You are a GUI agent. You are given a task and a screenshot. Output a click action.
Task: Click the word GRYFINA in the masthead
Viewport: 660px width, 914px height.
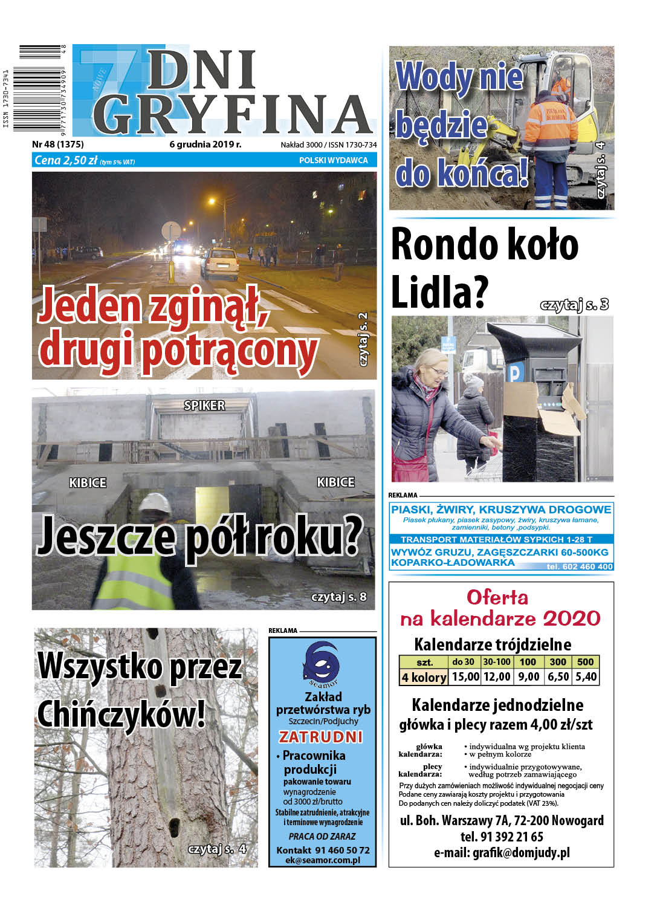point(233,114)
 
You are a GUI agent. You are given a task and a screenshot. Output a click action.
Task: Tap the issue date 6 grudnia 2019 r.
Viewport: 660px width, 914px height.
point(205,144)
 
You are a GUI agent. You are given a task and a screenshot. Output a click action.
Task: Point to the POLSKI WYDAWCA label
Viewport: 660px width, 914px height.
point(333,160)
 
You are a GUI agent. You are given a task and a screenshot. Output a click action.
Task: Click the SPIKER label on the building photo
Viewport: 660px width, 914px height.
point(204,406)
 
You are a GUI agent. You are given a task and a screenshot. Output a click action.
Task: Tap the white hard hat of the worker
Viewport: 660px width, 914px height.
point(154,502)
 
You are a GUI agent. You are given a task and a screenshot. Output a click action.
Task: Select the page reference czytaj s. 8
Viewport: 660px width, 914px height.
point(338,597)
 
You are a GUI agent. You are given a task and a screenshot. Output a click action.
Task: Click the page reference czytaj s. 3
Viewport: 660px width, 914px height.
point(574,305)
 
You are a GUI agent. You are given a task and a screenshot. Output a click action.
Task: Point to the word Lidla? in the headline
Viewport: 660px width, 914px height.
point(439,292)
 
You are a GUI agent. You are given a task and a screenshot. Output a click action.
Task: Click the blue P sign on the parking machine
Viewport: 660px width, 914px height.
point(514,373)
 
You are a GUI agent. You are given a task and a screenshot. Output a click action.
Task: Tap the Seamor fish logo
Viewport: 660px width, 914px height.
point(322,664)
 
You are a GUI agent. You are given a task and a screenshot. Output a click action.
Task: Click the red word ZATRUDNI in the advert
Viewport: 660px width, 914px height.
point(321,737)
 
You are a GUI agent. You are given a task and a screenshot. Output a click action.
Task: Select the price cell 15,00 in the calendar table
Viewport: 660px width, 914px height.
point(465,676)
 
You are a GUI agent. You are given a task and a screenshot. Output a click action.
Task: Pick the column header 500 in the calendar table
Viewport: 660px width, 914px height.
point(585,661)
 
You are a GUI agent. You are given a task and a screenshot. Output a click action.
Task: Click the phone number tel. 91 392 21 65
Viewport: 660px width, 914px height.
point(501,837)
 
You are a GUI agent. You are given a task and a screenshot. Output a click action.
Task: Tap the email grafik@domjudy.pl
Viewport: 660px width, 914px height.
point(501,853)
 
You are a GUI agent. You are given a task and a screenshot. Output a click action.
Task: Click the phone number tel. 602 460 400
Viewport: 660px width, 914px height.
point(579,566)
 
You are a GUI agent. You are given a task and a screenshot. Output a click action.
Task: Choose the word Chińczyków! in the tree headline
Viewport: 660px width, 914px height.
point(121,714)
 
